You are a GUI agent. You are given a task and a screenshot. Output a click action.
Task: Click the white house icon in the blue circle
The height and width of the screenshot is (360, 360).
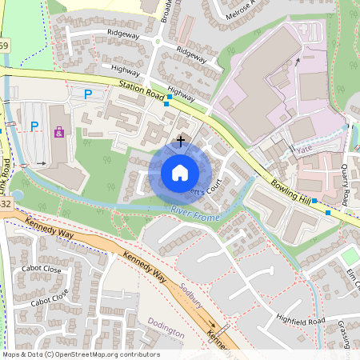[x=179, y=172]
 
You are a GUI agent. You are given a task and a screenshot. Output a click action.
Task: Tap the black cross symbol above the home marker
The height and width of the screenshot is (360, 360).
[x=181, y=141]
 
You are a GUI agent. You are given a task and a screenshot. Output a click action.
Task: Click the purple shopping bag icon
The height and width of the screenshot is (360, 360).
[x=60, y=132]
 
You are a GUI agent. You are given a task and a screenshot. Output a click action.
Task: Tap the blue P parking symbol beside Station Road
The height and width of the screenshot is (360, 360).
[x=88, y=94]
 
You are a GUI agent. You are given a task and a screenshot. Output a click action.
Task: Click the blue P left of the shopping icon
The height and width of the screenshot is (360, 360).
[x=34, y=126]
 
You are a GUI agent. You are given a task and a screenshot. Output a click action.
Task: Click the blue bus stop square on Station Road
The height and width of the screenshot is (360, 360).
[x=167, y=104]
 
